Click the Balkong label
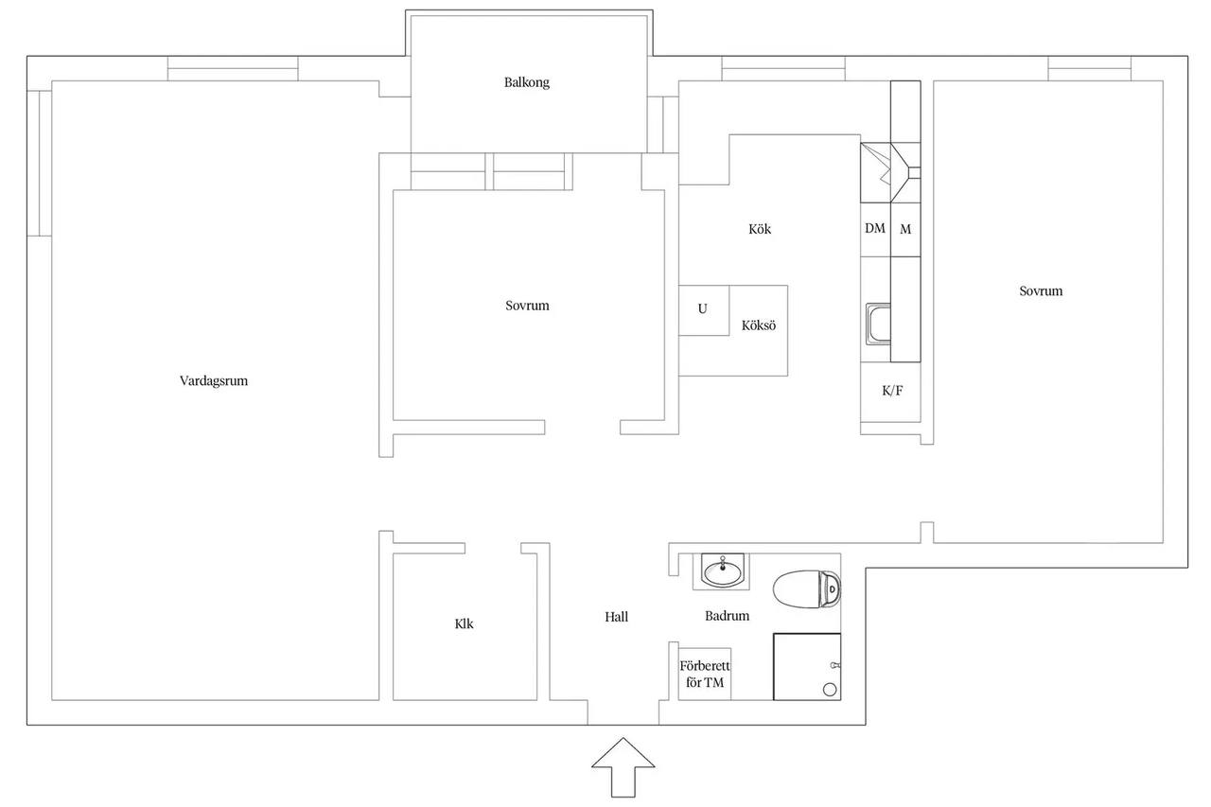coord(527,82)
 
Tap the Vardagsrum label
coord(214,381)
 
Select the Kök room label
coord(760,229)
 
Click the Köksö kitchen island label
coord(759,325)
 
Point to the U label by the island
coord(702,308)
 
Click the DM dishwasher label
coord(875,228)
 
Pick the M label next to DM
coord(905,229)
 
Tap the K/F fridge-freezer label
coord(892,391)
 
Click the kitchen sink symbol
coord(878,324)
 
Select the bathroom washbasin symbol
coord(722,570)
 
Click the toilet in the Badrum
coord(807,588)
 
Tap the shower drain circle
coord(830,689)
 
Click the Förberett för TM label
coord(705,674)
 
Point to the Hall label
coord(616,617)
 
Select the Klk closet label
coord(464,623)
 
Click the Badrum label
coord(728,616)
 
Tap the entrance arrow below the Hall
coord(623,767)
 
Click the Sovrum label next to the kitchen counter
coord(1041,290)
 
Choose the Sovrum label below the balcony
coord(527,306)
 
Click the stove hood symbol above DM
coord(890,172)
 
